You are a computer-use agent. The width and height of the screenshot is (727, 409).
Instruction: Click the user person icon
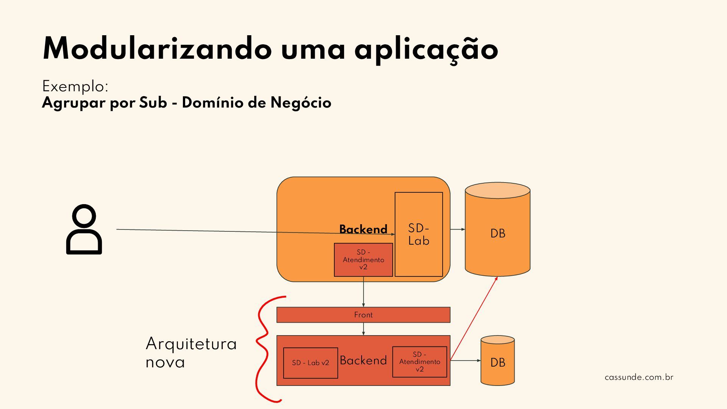click(x=84, y=229)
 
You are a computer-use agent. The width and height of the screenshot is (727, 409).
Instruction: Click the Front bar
click(x=363, y=315)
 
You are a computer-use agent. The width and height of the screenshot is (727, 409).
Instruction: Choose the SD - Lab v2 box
click(x=310, y=363)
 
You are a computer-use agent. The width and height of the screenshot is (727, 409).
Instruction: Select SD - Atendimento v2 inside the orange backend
click(x=363, y=260)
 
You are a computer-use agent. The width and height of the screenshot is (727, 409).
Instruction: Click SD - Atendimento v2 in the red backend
click(x=420, y=362)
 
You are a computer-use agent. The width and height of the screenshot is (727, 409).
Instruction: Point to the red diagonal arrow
click(x=474, y=318)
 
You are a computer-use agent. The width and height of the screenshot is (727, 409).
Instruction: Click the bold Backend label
click(x=363, y=229)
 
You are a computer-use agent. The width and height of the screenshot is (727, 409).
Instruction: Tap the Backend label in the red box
click(x=363, y=360)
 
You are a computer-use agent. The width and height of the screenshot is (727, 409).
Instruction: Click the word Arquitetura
click(x=191, y=344)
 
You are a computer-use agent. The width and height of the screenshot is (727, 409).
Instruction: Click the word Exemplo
click(x=75, y=87)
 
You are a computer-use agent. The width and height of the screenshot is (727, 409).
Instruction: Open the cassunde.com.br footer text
click(x=639, y=377)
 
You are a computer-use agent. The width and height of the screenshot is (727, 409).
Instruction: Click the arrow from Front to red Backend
click(x=363, y=329)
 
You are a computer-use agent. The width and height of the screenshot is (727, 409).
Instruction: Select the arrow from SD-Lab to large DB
click(x=457, y=229)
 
